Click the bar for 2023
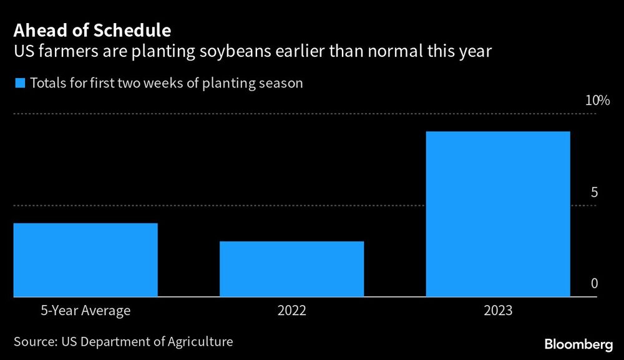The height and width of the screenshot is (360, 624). pos(497,214)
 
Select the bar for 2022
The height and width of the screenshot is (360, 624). pos(291,269)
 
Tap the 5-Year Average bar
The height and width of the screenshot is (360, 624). pos(85,260)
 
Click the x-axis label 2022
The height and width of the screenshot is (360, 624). pos(291,310)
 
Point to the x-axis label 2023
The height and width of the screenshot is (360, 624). pos(497,310)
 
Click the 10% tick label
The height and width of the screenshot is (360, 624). pos(597,101)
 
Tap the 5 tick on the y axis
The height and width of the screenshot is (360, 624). pos(594,193)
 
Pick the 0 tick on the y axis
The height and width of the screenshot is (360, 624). pos(594,285)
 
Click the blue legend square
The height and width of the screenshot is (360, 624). pos(19,84)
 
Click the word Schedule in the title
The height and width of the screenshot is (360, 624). pos(133,29)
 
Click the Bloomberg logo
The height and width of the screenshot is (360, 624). pos(578,344)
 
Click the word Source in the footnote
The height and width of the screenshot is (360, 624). pos(34,342)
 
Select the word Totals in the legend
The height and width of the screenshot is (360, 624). pos(47,84)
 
